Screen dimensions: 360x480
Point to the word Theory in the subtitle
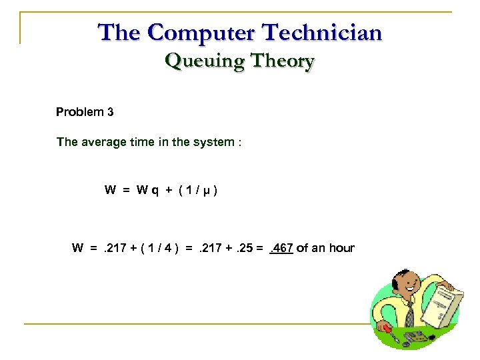(x=279, y=61)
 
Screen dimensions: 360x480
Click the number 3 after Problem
(x=110, y=112)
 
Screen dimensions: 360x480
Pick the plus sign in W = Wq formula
(x=171, y=190)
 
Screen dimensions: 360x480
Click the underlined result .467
(x=281, y=249)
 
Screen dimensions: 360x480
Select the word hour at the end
(x=342, y=249)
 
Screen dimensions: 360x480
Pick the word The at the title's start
(x=117, y=32)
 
